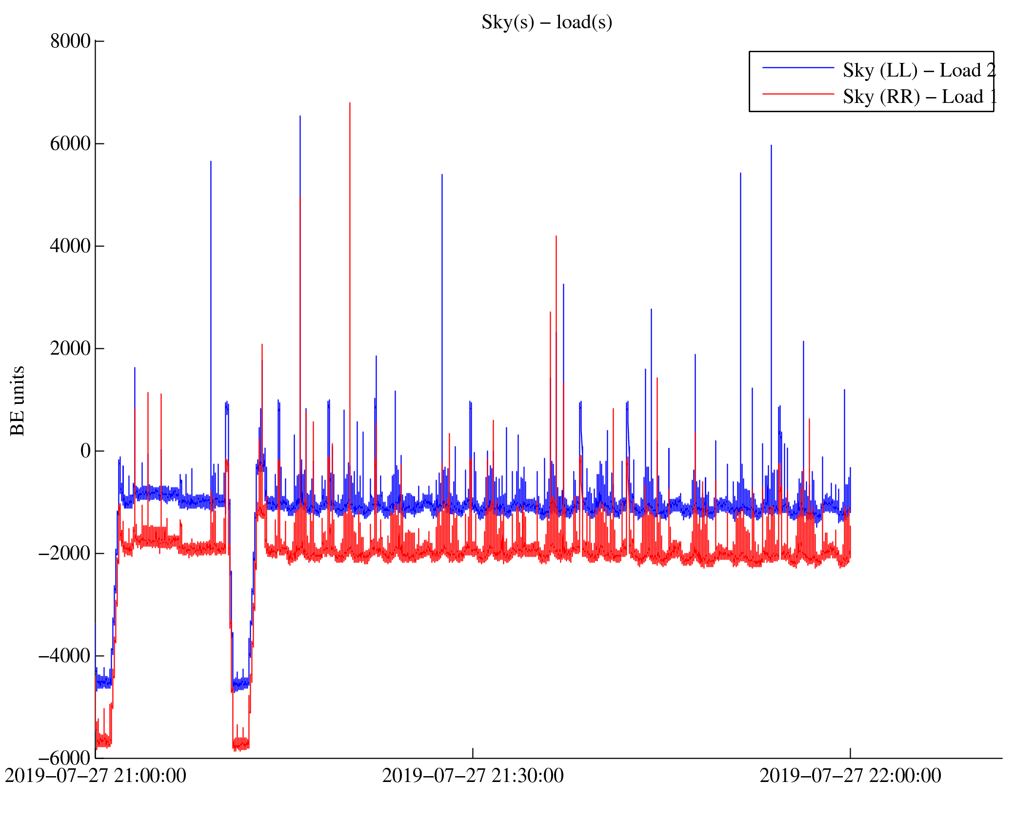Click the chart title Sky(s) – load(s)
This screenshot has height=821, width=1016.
click(546, 22)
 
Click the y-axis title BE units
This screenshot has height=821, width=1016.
click(18, 400)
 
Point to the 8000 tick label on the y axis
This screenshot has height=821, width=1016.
click(70, 41)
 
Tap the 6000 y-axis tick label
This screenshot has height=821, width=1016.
click(70, 144)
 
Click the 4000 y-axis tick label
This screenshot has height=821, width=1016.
click(70, 246)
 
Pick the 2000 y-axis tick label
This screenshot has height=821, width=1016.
click(70, 349)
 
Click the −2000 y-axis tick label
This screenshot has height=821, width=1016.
click(64, 554)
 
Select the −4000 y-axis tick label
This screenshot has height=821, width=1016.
click(64, 656)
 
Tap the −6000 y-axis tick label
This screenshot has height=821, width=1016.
click(64, 759)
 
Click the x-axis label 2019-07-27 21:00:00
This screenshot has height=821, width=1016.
click(96, 776)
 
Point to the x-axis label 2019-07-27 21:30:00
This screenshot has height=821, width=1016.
click(473, 776)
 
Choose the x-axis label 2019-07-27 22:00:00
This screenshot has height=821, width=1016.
click(850, 776)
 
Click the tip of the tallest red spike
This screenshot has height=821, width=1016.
click(350, 103)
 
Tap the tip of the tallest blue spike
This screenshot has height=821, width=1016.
click(300, 116)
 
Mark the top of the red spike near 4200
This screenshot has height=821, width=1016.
click(556, 236)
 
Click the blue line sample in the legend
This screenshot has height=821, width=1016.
click(798, 68)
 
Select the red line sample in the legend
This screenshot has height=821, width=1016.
click(798, 94)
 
